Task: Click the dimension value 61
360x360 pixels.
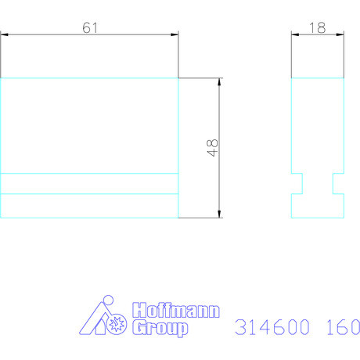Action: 90,27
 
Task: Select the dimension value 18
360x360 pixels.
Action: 317,27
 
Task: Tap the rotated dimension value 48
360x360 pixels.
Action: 212,147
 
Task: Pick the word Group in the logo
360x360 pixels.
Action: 160,329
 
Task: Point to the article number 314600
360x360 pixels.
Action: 267,326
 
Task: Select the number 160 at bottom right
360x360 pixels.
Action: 338,326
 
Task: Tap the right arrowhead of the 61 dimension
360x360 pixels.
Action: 175,34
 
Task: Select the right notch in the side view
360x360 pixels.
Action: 337,183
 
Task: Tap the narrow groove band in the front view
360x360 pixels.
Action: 90,183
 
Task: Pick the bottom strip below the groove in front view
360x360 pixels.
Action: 90,205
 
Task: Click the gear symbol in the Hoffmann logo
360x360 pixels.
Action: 117,323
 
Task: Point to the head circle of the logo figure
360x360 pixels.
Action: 108,301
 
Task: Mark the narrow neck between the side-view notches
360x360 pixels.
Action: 317,183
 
